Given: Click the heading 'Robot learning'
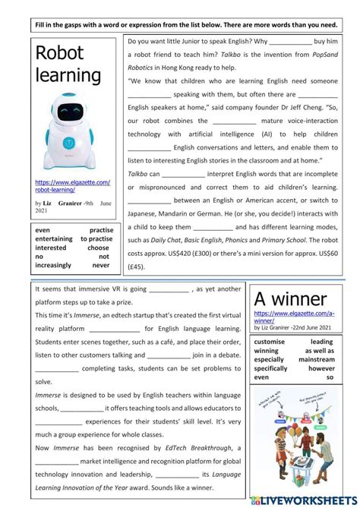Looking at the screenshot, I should [68, 64].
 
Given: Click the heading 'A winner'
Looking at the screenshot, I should [290, 298].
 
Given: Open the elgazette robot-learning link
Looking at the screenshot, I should [73, 186].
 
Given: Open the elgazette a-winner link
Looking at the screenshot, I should [294, 316].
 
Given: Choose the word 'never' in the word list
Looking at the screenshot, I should [101, 266].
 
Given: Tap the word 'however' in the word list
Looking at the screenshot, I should [321, 368].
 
